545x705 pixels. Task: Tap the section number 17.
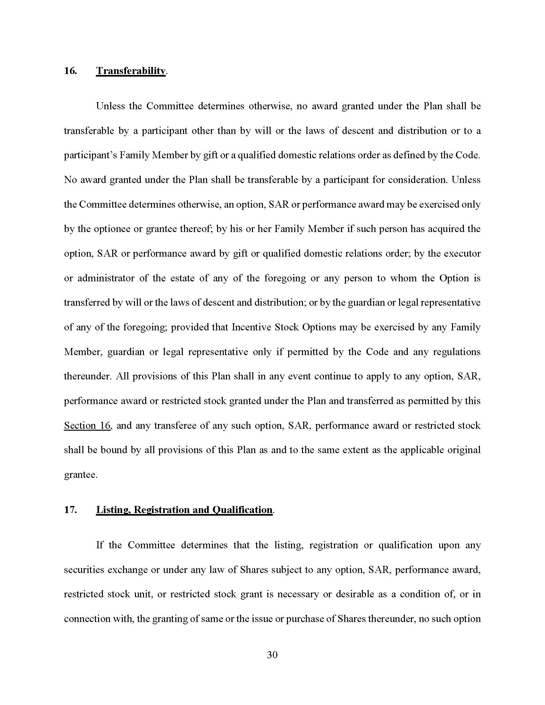click(x=70, y=510)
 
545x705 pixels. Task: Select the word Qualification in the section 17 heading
click(x=242, y=510)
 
